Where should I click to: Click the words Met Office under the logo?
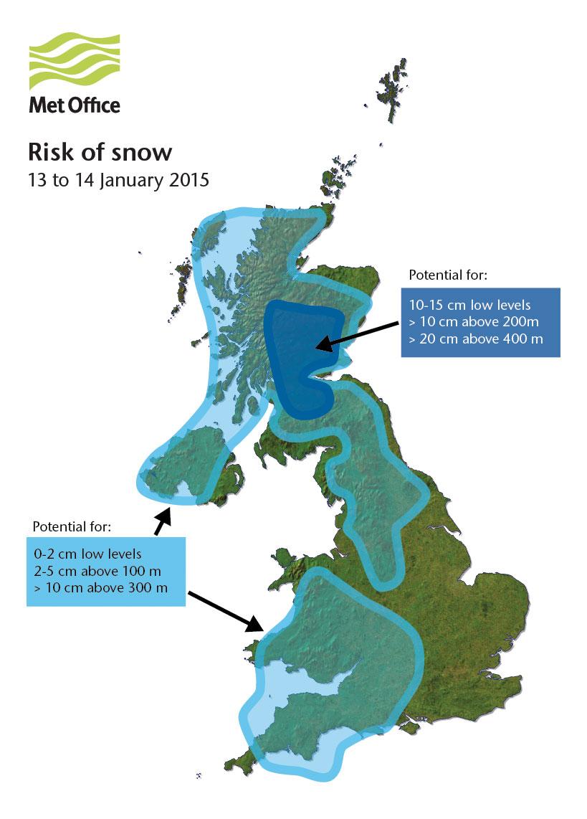(x=75, y=105)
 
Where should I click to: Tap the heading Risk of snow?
(x=100, y=153)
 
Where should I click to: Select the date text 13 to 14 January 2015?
(x=118, y=179)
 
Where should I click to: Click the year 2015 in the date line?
(x=188, y=179)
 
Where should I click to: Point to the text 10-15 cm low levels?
(x=469, y=305)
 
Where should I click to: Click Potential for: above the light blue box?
(x=72, y=527)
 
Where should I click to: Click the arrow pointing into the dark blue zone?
(x=355, y=336)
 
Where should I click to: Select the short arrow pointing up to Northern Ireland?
(x=162, y=520)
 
